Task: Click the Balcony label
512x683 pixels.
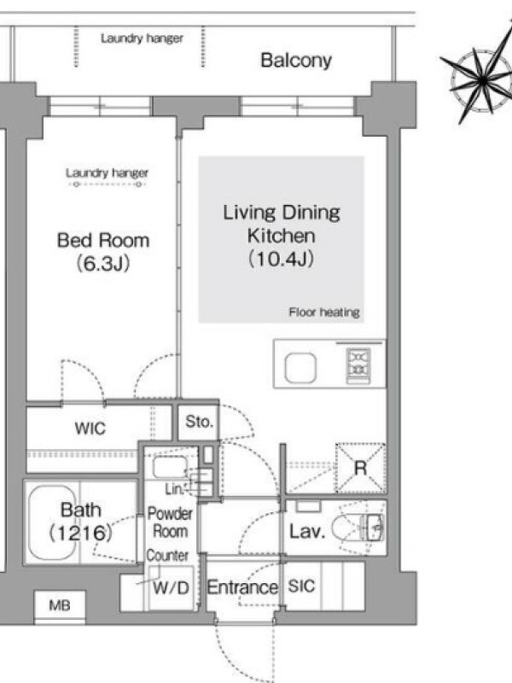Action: [296, 61]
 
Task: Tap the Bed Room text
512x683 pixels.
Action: [103, 241]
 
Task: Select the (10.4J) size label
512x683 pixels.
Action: [282, 259]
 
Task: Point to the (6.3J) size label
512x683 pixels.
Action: [103, 264]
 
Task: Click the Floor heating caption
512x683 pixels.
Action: [324, 312]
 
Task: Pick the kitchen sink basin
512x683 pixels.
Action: [300, 368]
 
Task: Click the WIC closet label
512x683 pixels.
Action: [90, 429]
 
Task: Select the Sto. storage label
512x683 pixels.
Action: [199, 421]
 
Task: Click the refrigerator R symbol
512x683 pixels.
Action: [360, 468]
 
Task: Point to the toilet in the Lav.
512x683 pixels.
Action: [358, 528]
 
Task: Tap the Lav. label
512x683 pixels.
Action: [307, 531]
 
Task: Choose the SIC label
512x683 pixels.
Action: [301, 586]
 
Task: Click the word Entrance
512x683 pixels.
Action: [242, 587]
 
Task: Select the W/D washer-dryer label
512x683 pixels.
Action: [172, 588]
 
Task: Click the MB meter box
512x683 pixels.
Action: [60, 605]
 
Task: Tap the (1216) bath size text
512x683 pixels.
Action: [80, 533]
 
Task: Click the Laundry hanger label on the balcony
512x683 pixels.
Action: [142, 38]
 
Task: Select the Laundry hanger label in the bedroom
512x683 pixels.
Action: [108, 173]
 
